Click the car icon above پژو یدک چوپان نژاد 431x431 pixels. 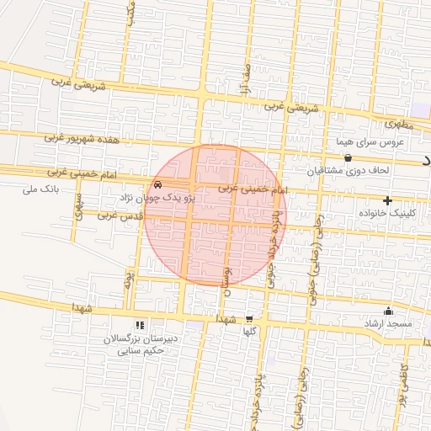pyautogui.click(x=159, y=185)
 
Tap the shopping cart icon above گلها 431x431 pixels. pyautogui.click(x=248, y=319)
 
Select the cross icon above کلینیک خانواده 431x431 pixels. pyautogui.click(x=387, y=200)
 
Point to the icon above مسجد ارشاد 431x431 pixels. pyautogui.click(x=387, y=311)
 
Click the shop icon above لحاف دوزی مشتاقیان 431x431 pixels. pyautogui.click(x=348, y=157)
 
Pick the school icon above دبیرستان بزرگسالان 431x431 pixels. pyautogui.click(x=140, y=325)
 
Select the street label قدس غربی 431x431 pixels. pyautogui.click(x=116, y=215)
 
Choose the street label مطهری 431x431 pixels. pyautogui.click(x=401, y=125)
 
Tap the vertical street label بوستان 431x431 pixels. pyautogui.click(x=226, y=279)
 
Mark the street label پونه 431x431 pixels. pyautogui.click(x=129, y=279)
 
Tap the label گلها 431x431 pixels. pyautogui.click(x=248, y=332)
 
